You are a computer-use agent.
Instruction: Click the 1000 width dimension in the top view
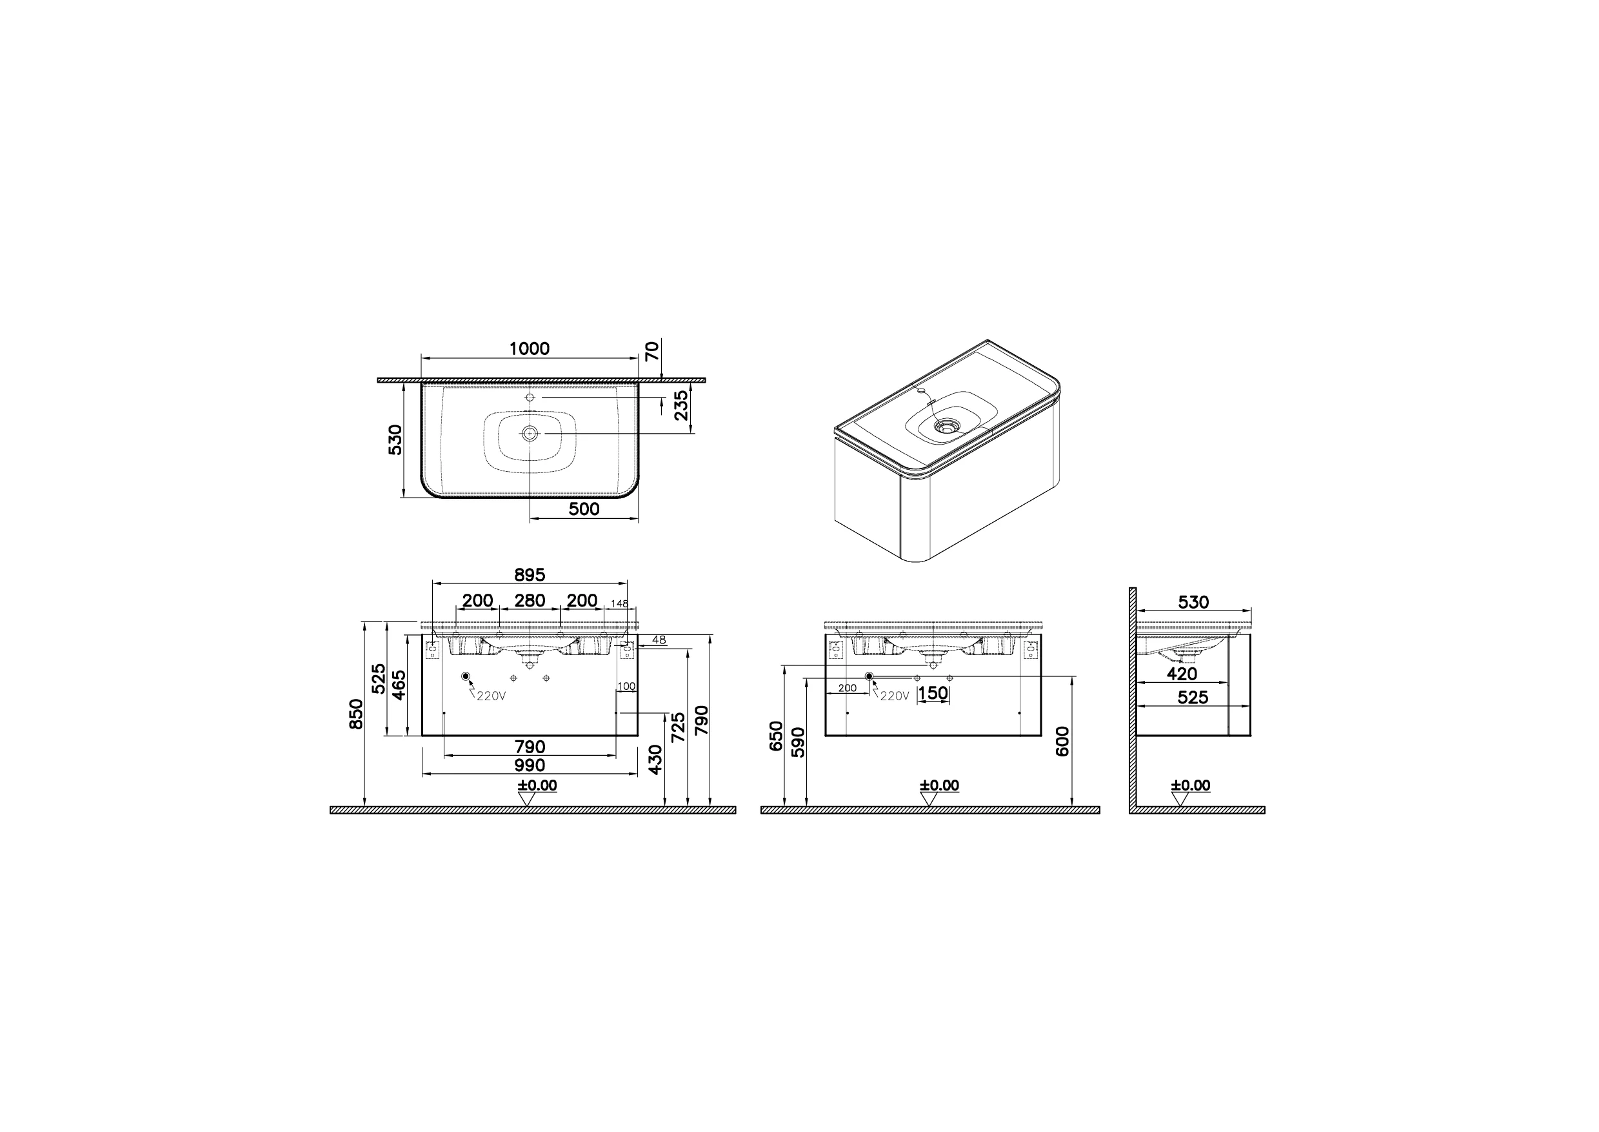coord(529,349)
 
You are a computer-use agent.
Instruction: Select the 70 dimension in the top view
coord(652,350)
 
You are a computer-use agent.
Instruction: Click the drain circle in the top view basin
coord(530,434)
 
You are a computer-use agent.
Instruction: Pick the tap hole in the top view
coord(530,398)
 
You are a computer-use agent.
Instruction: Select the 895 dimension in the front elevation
coord(529,575)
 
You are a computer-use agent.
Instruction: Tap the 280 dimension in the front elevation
coord(529,600)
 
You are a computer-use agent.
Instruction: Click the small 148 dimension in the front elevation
coord(619,603)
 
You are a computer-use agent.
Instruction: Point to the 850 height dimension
coord(356,713)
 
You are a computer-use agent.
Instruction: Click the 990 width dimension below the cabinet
coord(529,765)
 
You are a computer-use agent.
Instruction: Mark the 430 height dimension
coord(655,760)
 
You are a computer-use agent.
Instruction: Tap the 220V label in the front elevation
coord(492,696)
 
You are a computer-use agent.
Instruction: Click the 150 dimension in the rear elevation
coord(933,694)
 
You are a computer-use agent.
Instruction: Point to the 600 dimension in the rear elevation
coord(1062,741)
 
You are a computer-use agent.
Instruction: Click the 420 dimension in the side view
coord(1182,674)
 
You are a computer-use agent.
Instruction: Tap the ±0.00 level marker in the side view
coord(1190,785)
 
